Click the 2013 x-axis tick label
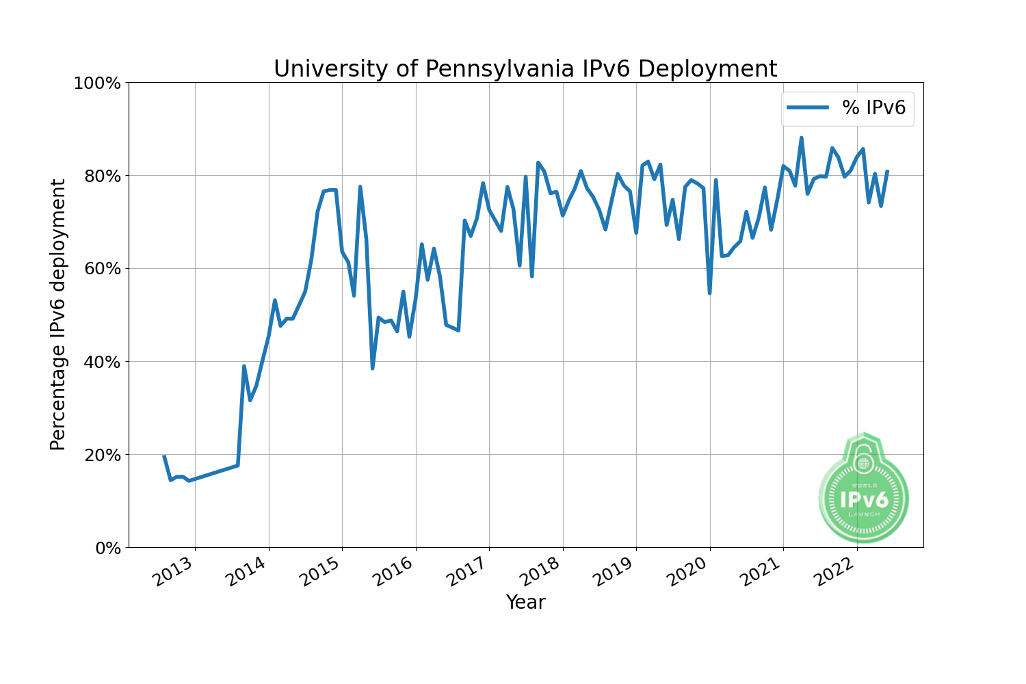[x=172, y=573]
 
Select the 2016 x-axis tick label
[x=393, y=573]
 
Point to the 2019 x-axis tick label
[x=614, y=573]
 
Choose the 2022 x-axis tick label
[x=834, y=573]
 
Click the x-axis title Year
[x=525, y=603]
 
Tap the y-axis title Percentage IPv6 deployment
[x=59, y=315]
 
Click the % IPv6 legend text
[x=873, y=107]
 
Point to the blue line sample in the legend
[x=808, y=107]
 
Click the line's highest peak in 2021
[x=801, y=138]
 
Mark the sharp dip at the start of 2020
[x=709, y=293]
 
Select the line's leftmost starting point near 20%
[x=164, y=456]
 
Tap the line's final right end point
[x=887, y=171]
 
